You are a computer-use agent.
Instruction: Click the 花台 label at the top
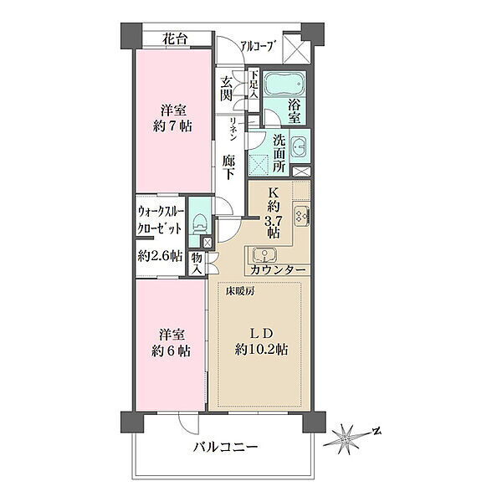point(175,39)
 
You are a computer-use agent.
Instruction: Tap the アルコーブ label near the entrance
point(258,47)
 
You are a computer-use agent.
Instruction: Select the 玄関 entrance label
point(227,90)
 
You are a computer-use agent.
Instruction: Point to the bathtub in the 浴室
point(284,83)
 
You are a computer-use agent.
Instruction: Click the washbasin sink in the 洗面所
point(300,146)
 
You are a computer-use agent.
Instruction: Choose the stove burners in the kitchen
point(301,216)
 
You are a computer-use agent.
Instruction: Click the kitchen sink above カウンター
point(264,255)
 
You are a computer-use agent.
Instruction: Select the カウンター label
point(278,270)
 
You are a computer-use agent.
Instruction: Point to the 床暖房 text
point(240,291)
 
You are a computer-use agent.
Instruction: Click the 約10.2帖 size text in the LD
point(262,349)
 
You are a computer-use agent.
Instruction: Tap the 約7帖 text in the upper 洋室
point(173,126)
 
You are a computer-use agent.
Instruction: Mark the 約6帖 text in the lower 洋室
point(172,351)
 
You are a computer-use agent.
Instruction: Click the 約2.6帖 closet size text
point(160,256)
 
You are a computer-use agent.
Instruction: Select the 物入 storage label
point(197,264)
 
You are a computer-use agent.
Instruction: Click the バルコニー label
point(225,447)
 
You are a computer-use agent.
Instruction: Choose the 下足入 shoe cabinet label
point(254,85)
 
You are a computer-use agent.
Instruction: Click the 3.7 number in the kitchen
point(273,221)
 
